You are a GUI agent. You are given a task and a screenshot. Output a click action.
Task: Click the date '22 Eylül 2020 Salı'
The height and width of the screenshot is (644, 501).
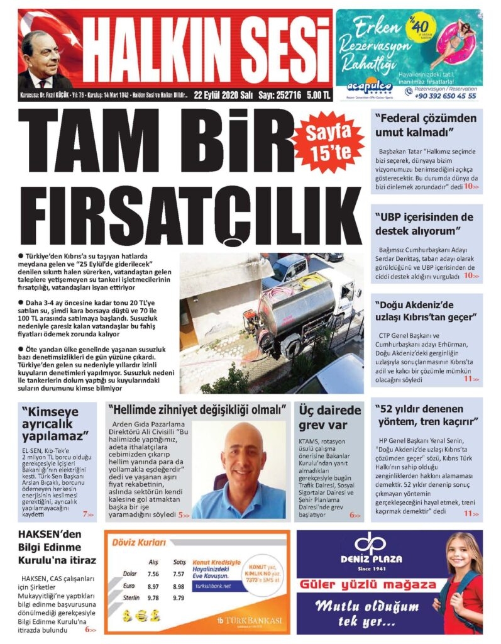pyautogui.click(x=223, y=95)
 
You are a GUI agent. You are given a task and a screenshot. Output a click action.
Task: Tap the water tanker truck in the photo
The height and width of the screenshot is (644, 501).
pyautogui.click(x=299, y=311)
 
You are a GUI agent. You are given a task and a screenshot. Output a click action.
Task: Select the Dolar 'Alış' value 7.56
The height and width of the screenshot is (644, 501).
pyautogui.click(x=153, y=574)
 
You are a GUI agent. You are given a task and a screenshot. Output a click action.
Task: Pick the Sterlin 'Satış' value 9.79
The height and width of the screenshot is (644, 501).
pyautogui.click(x=180, y=597)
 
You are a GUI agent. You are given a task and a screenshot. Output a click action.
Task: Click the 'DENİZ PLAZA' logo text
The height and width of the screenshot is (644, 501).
pyautogui.click(x=372, y=558)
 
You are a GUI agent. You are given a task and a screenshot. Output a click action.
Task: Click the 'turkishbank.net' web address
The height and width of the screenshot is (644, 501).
pyautogui.click(x=214, y=586)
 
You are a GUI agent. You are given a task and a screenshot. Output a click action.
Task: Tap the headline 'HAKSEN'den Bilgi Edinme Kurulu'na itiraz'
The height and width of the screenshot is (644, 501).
pyautogui.click(x=57, y=548)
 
